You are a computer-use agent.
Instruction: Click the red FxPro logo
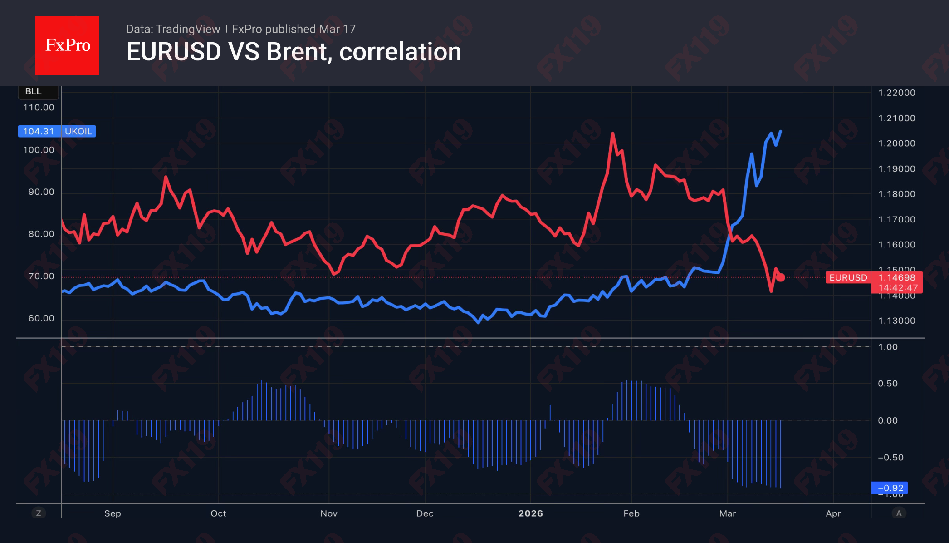67,45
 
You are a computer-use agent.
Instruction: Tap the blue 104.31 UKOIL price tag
57,131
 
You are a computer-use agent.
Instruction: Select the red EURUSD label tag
847,277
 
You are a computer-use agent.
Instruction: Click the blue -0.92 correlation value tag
890,488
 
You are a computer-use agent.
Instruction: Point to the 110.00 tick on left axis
39,108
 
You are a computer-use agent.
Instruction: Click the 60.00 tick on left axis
41,318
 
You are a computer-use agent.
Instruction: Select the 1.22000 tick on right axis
896,93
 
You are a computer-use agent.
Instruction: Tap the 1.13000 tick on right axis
896,321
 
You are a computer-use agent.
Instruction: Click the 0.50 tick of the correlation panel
887,384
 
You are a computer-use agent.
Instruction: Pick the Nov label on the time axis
329,513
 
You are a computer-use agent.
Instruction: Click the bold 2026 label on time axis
530,513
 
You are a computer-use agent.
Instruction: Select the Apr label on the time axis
833,513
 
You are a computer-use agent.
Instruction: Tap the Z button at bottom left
39,513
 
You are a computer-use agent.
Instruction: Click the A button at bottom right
899,513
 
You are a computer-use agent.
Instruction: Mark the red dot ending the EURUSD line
781,277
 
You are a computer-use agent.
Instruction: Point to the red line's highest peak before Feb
612,133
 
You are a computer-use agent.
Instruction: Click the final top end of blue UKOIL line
780,131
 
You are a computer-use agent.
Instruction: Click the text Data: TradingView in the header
173,29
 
